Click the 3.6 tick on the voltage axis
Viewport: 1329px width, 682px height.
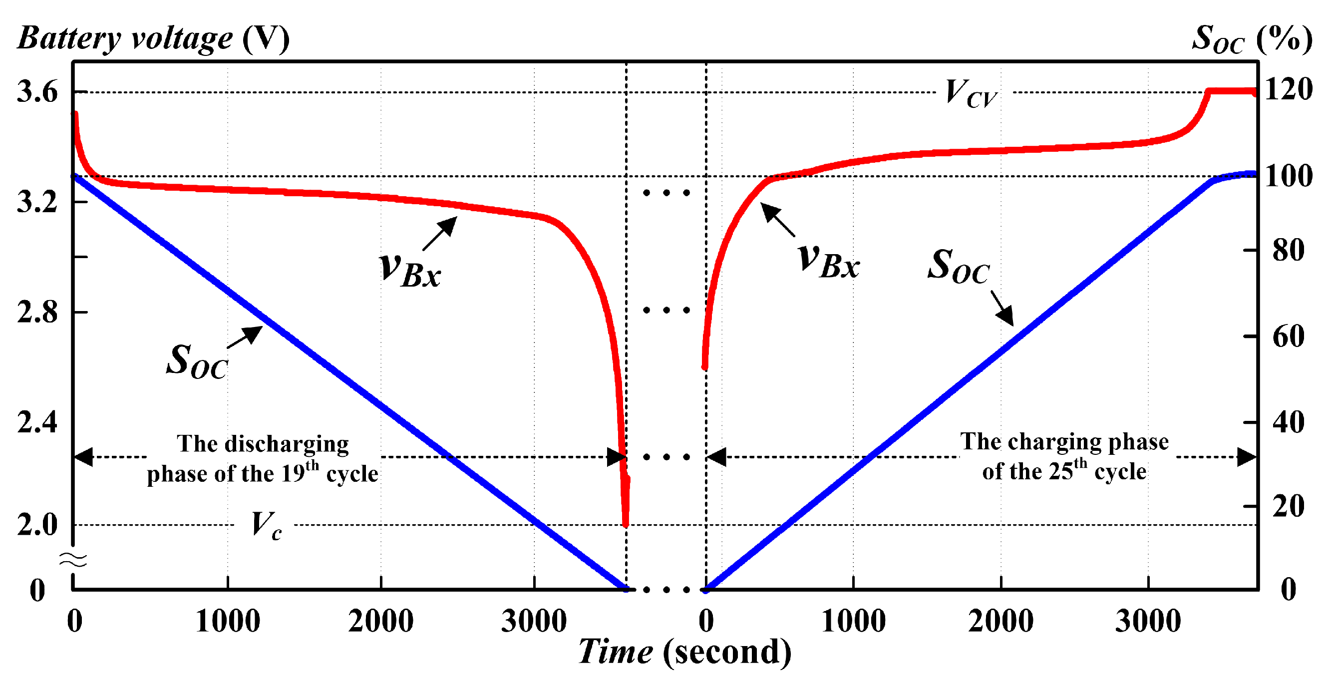coord(37,92)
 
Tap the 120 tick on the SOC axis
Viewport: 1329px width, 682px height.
coord(1288,89)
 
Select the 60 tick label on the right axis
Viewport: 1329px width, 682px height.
coord(1288,337)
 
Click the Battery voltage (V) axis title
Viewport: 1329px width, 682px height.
coord(153,38)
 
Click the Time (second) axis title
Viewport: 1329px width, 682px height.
coord(684,651)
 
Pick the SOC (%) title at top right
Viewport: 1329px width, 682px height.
coord(1252,38)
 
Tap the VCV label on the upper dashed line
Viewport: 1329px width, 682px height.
coord(971,93)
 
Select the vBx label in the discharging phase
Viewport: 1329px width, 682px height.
coord(410,270)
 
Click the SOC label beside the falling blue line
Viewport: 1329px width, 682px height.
coord(197,361)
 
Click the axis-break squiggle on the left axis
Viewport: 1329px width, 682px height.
coord(73,559)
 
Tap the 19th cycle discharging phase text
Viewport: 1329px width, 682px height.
coord(263,459)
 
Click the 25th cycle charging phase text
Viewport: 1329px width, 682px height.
coord(1064,456)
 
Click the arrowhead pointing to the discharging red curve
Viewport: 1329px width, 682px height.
coord(449,224)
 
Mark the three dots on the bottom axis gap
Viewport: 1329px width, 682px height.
coord(666,589)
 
